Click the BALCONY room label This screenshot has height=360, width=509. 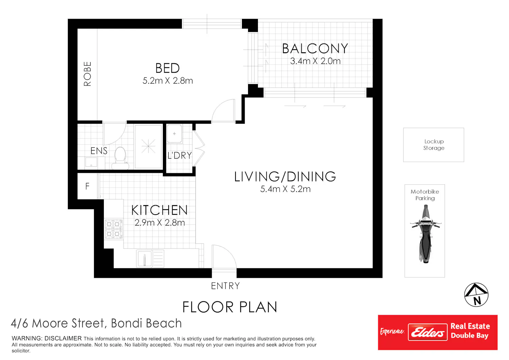click(315, 49)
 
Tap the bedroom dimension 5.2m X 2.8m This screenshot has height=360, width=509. click(168, 81)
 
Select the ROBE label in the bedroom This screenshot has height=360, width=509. click(88, 74)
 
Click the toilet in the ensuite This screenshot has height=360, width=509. click(120, 158)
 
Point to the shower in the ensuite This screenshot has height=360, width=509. click(148, 146)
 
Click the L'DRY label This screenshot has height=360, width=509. click(180, 156)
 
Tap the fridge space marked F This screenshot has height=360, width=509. click(88, 186)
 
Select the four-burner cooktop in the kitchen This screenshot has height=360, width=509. click(114, 229)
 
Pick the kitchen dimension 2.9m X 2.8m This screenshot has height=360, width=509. click(159, 223)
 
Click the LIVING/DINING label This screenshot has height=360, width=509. click(285, 177)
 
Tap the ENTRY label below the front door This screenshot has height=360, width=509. click(225, 286)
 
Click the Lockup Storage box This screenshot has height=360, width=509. click(434, 145)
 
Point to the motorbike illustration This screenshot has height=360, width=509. click(426, 234)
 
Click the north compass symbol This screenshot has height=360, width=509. click(476, 295)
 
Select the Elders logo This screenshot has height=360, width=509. click(428, 332)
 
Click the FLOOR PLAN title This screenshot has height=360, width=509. click(230, 307)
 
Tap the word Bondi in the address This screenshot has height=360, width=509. click(127, 323)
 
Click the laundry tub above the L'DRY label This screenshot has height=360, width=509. click(174, 134)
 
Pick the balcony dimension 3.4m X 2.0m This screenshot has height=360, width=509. click(315, 61)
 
